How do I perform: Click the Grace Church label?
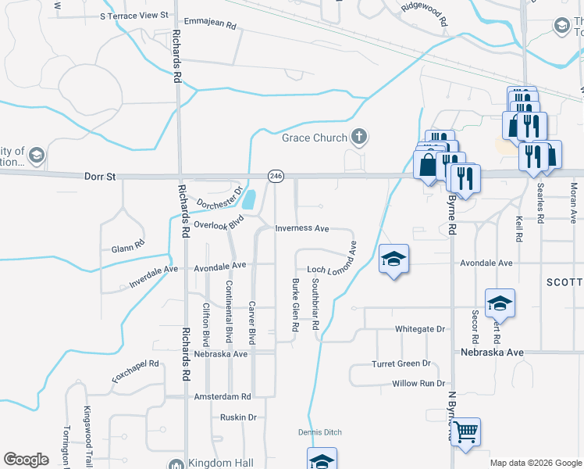click(314, 138)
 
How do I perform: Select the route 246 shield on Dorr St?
click(275, 177)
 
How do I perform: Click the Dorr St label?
click(99, 177)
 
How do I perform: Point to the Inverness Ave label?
click(302, 229)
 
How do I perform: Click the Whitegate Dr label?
click(419, 329)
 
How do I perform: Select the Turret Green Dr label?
click(401, 364)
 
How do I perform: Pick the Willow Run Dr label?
click(418, 384)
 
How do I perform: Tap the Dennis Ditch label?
click(319, 432)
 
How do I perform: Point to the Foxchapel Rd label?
click(135, 371)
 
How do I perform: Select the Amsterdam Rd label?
click(223, 396)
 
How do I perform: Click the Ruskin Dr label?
click(238, 417)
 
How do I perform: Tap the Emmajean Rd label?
click(208, 25)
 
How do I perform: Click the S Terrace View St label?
click(134, 15)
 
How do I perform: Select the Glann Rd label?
click(128, 245)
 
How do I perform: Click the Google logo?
click(26, 460)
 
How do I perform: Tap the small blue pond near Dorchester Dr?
click(249, 200)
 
